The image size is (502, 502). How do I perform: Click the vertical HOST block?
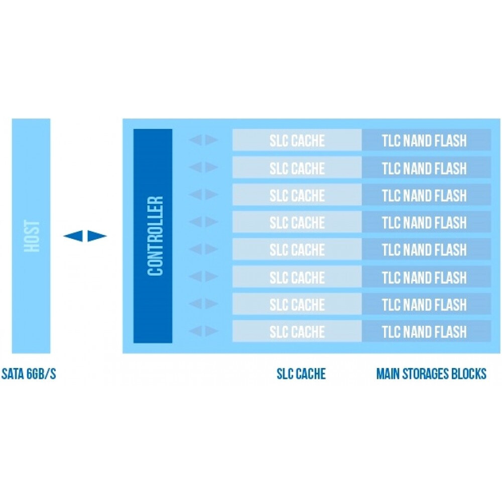(x=31, y=236)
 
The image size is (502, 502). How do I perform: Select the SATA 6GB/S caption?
(x=29, y=374)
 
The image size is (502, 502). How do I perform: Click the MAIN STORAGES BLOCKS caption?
(x=431, y=374)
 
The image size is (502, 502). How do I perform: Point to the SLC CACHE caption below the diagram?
(x=301, y=374)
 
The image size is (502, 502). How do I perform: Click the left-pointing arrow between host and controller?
(x=73, y=236)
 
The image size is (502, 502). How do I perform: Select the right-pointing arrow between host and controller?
(x=97, y=236)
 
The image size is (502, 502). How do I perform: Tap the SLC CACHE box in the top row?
(x=297, y=140)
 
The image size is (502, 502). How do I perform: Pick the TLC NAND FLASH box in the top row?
(x=426, y=140)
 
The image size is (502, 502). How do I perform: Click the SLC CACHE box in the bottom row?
(x=297, y=332)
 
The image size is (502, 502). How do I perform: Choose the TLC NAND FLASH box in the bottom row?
(x=426, y=332)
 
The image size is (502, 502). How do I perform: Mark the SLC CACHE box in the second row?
(x=297, y=168)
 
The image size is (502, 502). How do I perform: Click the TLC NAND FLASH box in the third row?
(x=426, y=195)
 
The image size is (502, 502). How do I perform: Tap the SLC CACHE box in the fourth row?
(x=297, y=222)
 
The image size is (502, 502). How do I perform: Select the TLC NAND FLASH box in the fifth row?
(x=426, y=249)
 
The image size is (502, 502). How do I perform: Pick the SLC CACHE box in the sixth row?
(x=297, y=277)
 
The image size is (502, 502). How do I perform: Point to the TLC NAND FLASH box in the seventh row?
(x=426, y=304)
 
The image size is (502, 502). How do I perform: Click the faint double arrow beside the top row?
(x=203, y=140)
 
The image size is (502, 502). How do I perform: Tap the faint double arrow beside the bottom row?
(x=203, y=331)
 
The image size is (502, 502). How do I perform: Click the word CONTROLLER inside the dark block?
(x=156, y=236)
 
